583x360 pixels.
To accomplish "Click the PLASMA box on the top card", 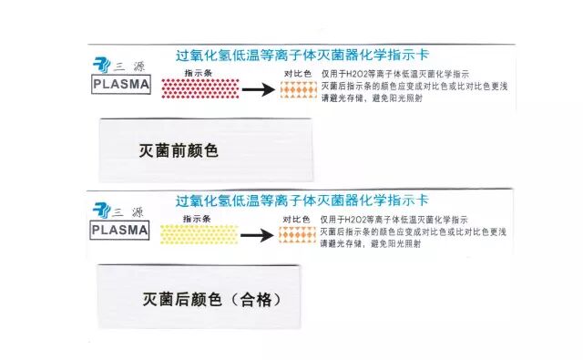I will (121, 85).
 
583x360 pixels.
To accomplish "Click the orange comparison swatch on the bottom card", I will (297, 234).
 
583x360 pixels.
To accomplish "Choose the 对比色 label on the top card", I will (297, 72).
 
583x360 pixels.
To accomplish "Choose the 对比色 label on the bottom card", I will (297, 217).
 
